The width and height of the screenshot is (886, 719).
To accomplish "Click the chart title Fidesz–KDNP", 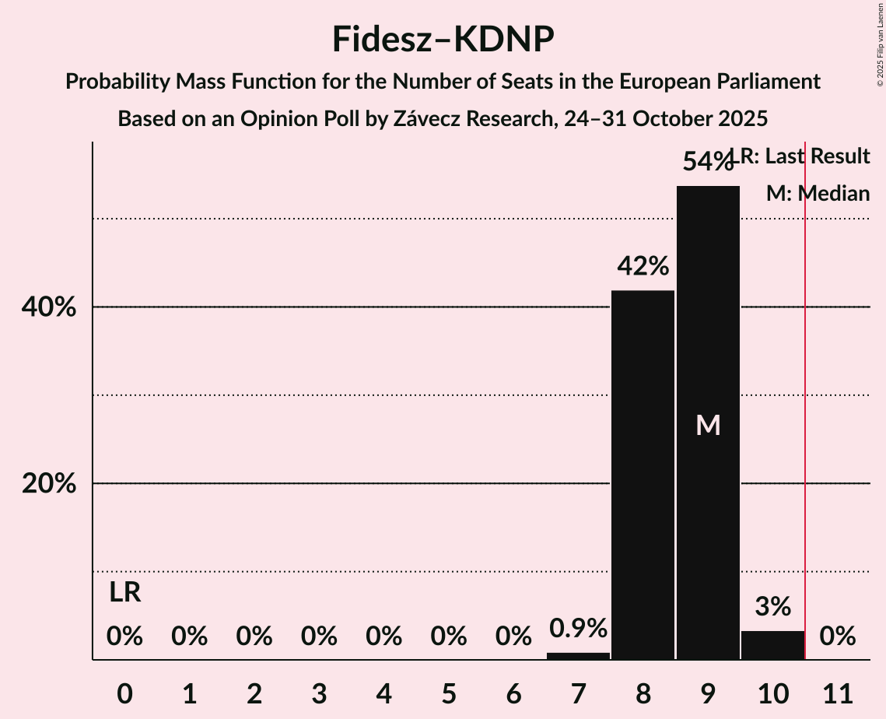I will pos(443,39).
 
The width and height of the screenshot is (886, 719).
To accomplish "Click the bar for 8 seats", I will pos(643,475).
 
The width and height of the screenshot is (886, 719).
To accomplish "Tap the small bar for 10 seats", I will pos(772,645).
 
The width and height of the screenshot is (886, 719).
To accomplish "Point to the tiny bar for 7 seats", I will pos(578,656).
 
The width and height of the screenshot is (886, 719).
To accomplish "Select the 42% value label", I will pos(643,266).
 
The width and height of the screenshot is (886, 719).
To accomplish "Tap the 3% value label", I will pos(772,606).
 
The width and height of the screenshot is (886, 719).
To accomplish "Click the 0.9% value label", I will pos(578,628).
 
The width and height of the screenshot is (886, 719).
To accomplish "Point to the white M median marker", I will pos(708,425).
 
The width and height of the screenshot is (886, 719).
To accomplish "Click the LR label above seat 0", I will pos(124,593).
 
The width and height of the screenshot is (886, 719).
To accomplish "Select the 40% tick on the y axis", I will pos(49,307).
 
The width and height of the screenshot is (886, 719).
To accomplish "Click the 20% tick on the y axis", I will pos(49,484).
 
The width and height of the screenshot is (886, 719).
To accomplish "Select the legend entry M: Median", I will pos(818,193).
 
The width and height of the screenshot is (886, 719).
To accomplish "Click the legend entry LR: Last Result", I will pos(805,156).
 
